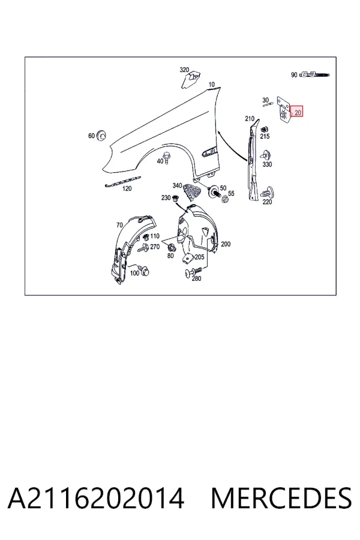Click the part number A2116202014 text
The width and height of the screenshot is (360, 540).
(96, 498)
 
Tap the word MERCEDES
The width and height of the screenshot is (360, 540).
(281, 498)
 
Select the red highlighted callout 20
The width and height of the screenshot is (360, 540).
(296, 111)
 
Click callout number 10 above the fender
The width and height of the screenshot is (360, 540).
(212, 84)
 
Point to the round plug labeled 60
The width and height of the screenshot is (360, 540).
(101, 135)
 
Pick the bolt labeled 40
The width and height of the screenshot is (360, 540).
(167, 157)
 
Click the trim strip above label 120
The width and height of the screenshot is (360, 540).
(123, 181)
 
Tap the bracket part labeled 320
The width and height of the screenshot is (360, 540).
(190, 80)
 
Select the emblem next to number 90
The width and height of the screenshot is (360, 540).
(314, 74)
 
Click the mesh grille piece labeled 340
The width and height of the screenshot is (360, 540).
(191, 191)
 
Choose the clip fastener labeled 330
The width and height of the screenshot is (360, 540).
(266, 155)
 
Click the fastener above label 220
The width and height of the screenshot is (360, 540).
(267, 193)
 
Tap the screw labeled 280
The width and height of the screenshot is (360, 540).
(192, 271)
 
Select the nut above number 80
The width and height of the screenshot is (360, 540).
(170, 247)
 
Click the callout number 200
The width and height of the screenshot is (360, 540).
(226, 244)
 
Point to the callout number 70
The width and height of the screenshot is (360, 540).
(119, 225)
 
